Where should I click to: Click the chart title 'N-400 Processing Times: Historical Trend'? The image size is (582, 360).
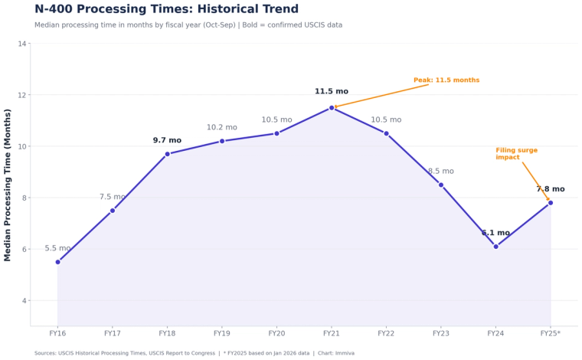tap(166, 9)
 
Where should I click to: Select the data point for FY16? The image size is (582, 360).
tap(57, 262)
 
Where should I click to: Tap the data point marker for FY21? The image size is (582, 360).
tap(332, 108)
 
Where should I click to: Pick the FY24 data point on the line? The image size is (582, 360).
tap(495, 247)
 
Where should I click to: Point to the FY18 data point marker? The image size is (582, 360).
tap(167, 154)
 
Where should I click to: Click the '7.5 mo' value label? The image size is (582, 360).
tap(113, 197)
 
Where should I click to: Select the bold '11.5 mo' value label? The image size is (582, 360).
tap(331, 92)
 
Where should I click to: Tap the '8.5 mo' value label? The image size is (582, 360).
tap(440, 172)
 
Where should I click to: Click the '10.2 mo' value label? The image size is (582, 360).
tap(221, 128)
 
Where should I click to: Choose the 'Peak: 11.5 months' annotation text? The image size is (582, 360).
tap(446, 80)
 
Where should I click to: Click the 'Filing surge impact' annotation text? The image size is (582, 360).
tap(516, 154)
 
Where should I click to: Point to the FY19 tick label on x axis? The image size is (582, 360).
tap(221, 334)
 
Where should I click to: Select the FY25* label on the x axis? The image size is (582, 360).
tap(550, 334)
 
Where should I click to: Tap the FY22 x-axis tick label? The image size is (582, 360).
tap(386, 334)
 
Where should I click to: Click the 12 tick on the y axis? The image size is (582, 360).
tap(22, 95)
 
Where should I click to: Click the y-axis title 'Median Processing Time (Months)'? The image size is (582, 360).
tap(8, 185)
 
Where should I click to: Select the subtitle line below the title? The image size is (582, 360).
tap(188, 25)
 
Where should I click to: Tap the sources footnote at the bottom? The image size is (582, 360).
tap(195, 353)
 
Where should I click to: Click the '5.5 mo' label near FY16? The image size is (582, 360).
tap(57, 248)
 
